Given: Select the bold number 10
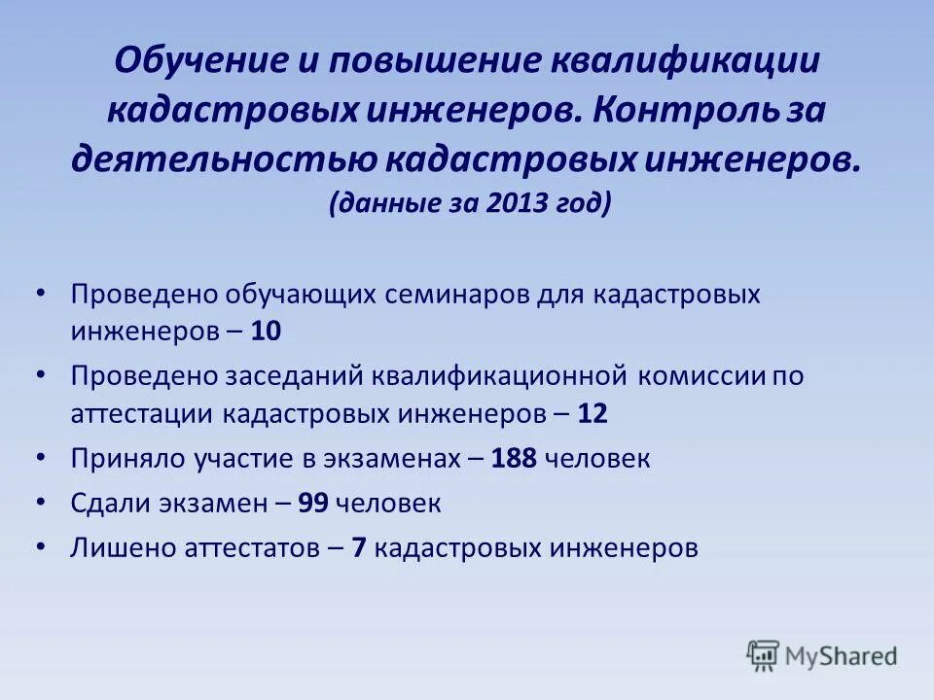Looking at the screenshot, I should (266, 331).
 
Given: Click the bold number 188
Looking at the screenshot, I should (515, 458).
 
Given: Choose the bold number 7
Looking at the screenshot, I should (358, 547).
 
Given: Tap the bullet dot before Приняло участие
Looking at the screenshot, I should (39, 458).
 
